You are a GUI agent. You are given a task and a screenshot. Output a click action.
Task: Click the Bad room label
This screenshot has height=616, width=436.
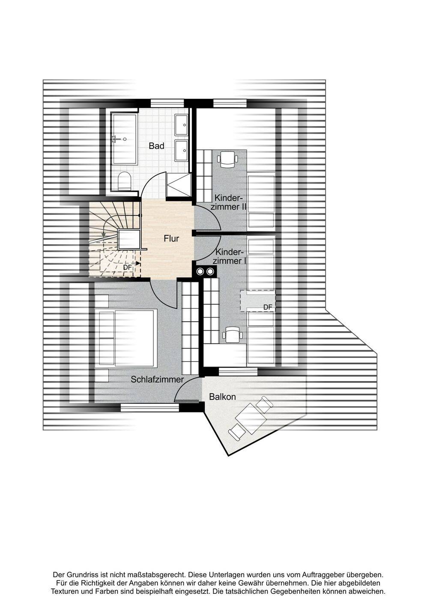coord(156,146)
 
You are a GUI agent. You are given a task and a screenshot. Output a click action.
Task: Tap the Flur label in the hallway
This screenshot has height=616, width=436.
coord(171,238)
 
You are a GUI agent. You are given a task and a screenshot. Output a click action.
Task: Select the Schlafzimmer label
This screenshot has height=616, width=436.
coord(157,379)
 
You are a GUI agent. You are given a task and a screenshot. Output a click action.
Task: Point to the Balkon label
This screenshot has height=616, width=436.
coord(222,397)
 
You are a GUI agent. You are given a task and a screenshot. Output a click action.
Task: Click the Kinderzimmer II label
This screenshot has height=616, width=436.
coord(230,202)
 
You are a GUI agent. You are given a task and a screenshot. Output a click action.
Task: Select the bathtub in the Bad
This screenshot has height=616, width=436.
coord(125,139)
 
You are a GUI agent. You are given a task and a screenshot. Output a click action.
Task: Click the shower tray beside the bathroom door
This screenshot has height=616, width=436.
coord(179,185)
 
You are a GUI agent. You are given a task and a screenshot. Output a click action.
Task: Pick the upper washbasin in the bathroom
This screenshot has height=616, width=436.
coord(182,125)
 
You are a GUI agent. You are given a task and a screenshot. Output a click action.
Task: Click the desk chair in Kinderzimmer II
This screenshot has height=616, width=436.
coord(227,159)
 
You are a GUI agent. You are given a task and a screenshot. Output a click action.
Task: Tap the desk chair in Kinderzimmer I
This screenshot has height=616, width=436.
coord(233,335)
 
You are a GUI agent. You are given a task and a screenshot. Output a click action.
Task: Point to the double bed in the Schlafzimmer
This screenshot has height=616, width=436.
coord(126,338)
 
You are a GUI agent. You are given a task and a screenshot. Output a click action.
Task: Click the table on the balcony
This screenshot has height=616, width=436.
coord(252,418)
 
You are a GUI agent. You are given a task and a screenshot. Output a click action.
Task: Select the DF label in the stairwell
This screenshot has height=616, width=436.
coord(127,267)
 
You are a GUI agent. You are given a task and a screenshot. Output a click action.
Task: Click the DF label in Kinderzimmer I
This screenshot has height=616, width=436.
coord(268,308)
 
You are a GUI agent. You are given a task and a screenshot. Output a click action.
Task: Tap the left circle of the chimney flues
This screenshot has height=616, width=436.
coord(200,271)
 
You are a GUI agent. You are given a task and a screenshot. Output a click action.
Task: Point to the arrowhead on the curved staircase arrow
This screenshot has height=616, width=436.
coord(103,234)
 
